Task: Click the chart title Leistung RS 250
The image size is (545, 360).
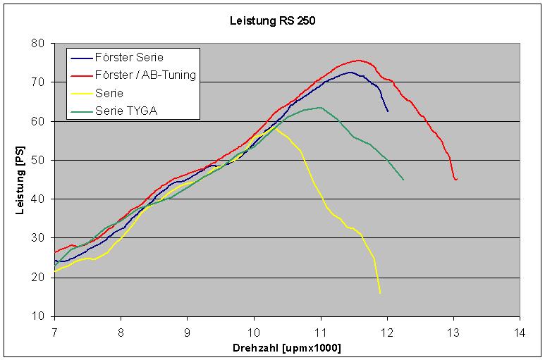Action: click(273, 20)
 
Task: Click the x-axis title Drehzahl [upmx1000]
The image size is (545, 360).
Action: click(288, 348)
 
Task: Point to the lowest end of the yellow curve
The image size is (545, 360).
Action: click(380, 292)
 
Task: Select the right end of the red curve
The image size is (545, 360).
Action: click(456, 180)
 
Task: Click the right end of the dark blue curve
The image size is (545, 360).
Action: click(387, 111)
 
